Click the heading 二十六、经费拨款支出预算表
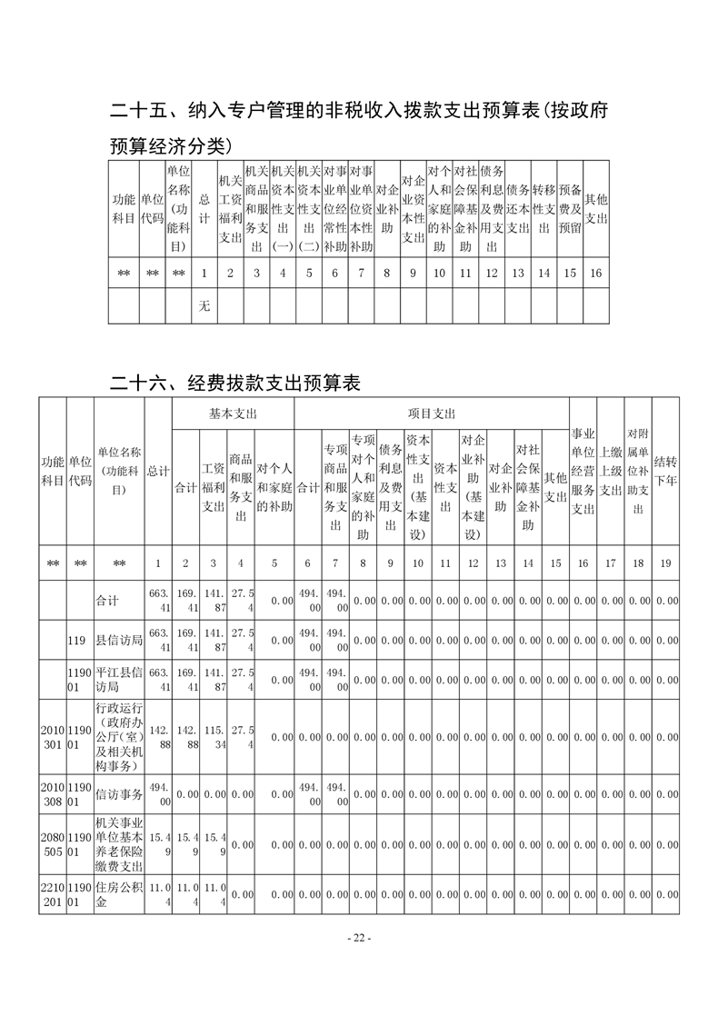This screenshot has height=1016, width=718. pos(235,383)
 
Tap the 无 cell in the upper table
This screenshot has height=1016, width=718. pos(204,306)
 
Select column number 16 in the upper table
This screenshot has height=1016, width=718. pos(595,272)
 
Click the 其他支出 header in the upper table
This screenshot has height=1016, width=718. pos(595,209)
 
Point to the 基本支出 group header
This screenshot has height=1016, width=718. pos(234,413)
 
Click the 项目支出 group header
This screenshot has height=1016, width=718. pos(432,413)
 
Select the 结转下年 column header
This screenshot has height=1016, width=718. pos(665,473)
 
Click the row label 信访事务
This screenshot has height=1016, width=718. pos(119,794)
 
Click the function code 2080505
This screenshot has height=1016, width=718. pos(52,844)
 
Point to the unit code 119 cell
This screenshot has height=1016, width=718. pos(77,641)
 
